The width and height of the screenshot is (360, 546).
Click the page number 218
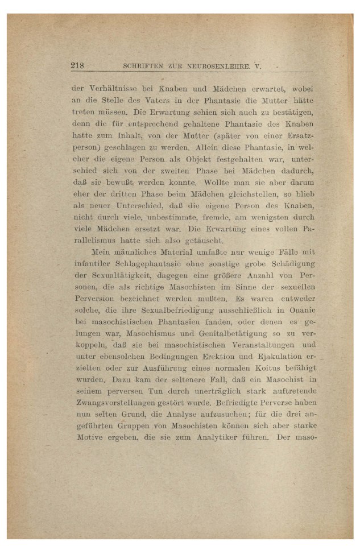coord(77,65)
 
